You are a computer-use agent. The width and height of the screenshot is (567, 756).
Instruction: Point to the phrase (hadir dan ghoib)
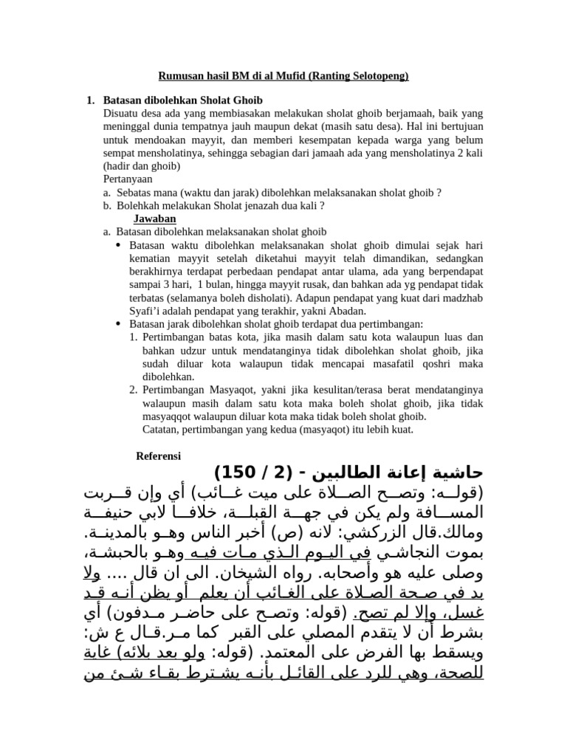[142, 166]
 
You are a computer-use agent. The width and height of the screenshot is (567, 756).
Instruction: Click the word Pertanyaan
[128, 179]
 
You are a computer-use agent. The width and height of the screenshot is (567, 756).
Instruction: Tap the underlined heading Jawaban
[154, 219]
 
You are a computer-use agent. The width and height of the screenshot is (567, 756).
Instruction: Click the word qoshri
[439, 364]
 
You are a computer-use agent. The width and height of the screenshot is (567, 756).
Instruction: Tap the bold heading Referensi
[159, 456]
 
